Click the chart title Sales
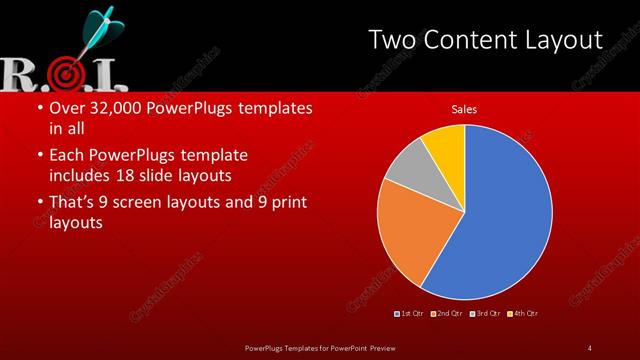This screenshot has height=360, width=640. point(464,107)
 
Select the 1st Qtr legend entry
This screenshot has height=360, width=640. point(410,314)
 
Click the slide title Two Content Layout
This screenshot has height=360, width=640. point(485,40)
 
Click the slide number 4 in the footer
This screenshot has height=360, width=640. point(589,347)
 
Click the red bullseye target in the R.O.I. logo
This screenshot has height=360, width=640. point(65,73)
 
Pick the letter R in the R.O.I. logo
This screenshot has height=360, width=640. point(18,73)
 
